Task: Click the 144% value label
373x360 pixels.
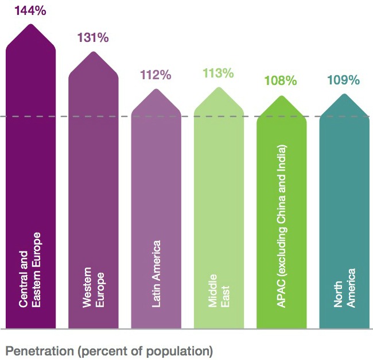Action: click(x=30, y=11)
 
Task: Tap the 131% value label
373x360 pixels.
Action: click(x=93, y=37)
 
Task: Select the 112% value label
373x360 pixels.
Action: click(x=156, y=75)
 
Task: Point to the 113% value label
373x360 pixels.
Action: click(x=218, y=73)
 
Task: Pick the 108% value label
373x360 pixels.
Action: click(x=281, y=80)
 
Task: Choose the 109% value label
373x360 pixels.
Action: click(x=344, y=80)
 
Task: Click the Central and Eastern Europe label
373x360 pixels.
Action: click(x=30, y=270)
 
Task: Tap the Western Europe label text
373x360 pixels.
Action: click(x=93, y=287)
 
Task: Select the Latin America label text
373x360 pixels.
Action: click(x=156, y=274)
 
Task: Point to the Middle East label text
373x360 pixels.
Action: click(x=219, y=291)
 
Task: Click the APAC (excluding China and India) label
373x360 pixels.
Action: click(x=281, y=226)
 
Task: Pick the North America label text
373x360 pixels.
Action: click(x=344, y=288)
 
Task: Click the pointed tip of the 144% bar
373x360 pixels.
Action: click(x=30, y=24)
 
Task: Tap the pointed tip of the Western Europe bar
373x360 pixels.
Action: click(x=93, y=52)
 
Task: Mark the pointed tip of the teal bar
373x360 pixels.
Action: click(x=344, y=94)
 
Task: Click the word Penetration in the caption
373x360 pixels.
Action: click(x=40, y=351)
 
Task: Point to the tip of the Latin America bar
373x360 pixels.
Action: click(x=156, y=89)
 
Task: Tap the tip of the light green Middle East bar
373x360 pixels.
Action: click(x=219, y=88)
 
